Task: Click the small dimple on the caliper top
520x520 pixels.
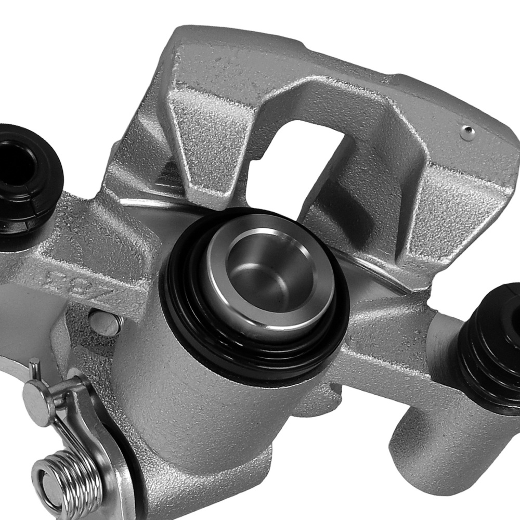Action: pyautogui.click(x=467, y=131)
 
